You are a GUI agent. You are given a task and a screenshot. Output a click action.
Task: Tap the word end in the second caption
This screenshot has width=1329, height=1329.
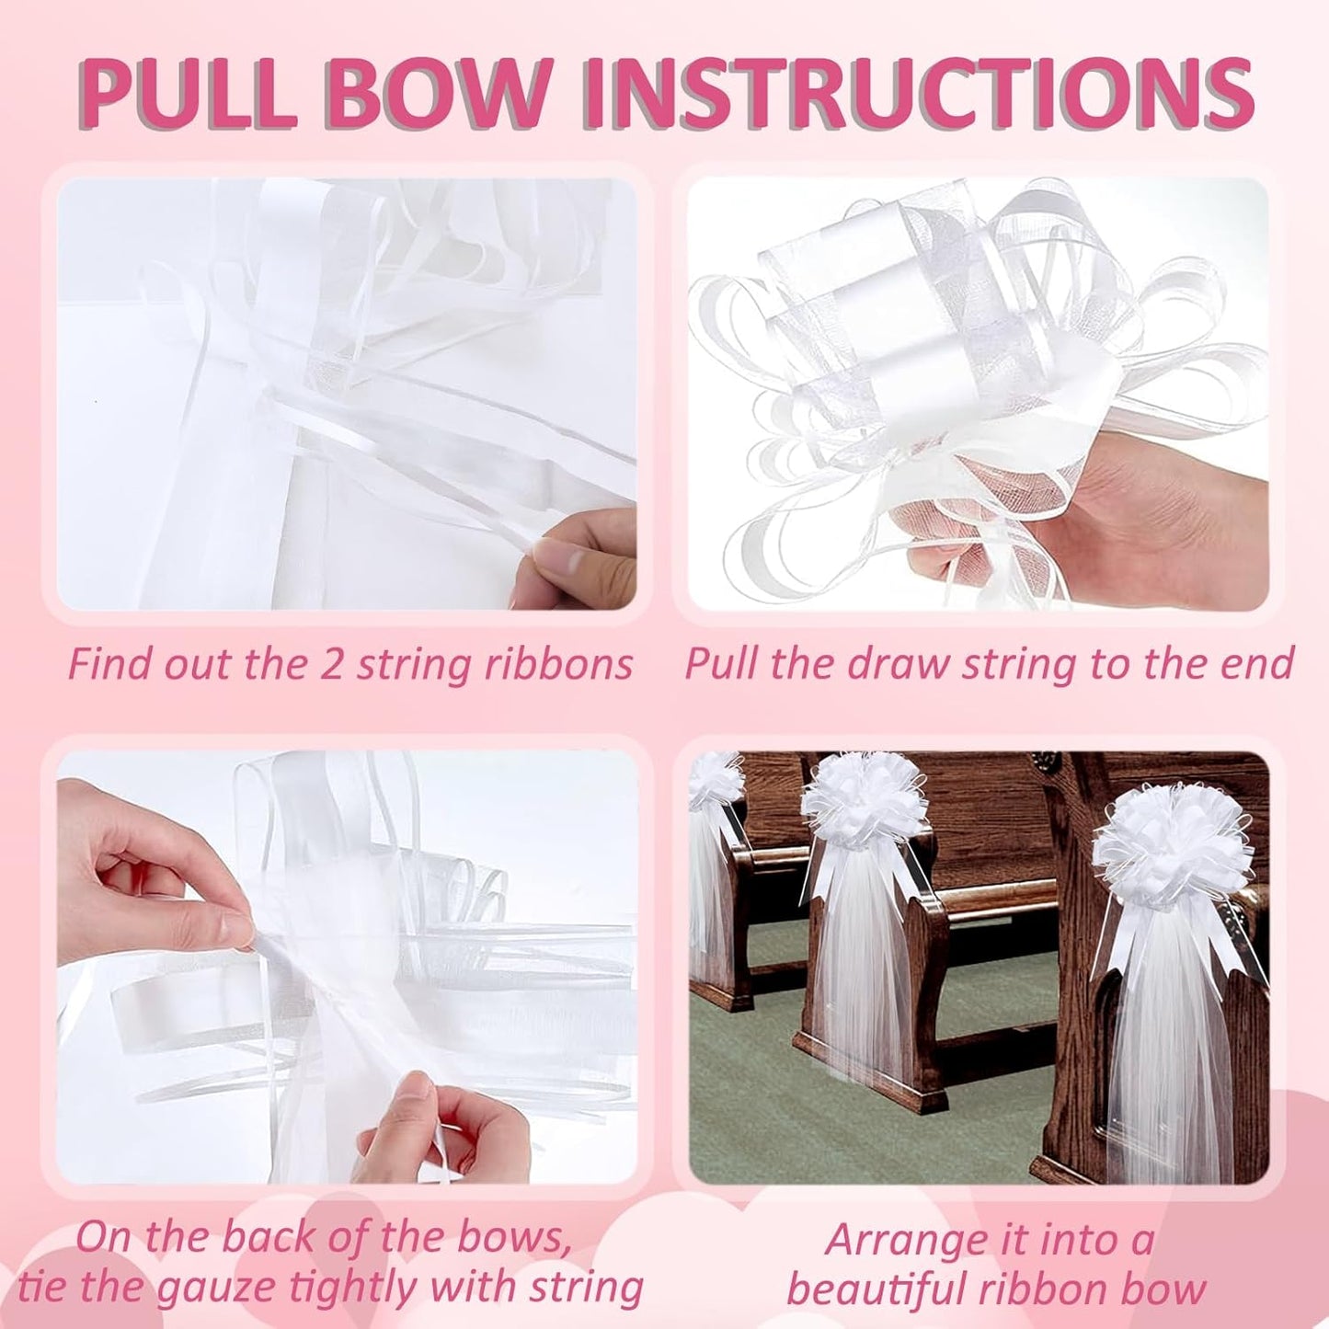click(x=1260, y=663)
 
